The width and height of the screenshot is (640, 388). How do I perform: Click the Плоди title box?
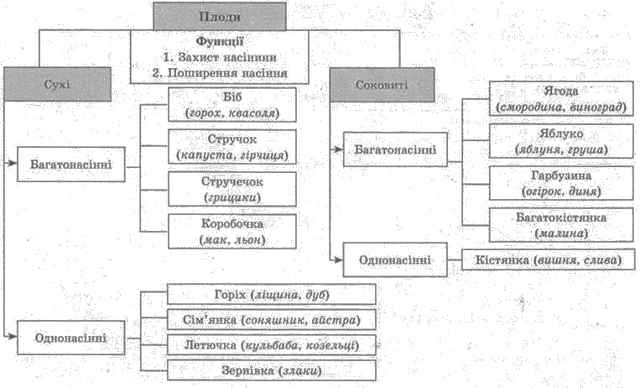pos(220,16)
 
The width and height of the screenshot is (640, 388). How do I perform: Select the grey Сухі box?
pos(57,84)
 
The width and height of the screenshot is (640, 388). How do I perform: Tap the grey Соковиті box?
pos(382,85)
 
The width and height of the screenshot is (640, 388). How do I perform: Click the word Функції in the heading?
pos(220,41)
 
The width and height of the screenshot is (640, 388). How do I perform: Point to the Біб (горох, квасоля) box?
pos(232,105)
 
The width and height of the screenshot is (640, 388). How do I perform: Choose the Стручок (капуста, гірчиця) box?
pos(232,147)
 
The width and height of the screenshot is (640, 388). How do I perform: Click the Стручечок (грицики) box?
pos(232,189)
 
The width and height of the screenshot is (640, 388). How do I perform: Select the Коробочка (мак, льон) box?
pos(232,232)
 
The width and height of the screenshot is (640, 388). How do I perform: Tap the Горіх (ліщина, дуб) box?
pos(272,295)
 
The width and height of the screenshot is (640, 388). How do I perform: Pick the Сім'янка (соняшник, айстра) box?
pos(272,320)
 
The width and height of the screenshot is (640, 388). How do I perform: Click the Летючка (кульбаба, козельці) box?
pos(272,345)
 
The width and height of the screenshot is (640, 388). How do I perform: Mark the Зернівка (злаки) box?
pos(272,370)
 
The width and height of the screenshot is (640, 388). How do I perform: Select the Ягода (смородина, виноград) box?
pos(562,98)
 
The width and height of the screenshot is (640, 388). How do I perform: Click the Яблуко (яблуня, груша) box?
pos(562,141)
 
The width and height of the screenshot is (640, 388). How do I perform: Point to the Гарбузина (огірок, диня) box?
pos(562,183)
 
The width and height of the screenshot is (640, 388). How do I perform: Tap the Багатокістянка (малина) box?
pos(562,225)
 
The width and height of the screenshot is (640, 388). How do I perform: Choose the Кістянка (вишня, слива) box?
pos(549,260)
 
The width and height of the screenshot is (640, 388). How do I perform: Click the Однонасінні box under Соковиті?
pos(395,260)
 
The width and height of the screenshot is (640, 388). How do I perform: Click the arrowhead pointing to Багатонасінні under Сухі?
pos(13,164)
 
